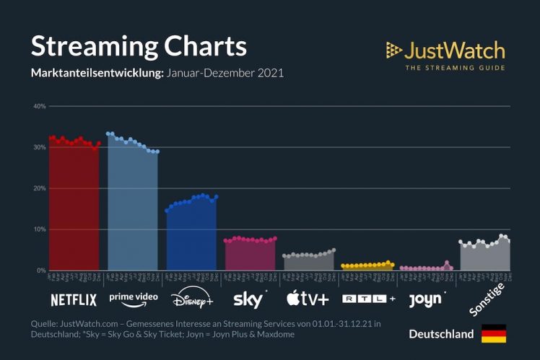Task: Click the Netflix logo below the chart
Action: click(x=74, y=299)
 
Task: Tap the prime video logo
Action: click(x=133, y=297)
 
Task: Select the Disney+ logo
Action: click(x=191, y=298)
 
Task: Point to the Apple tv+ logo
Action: click(x=308, y=298)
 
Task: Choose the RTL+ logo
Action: click(x=368, y=298)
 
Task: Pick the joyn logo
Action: click(x=427, y=298)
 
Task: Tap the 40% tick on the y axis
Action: click(x=39, y=106)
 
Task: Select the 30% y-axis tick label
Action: click(x=39, y=147)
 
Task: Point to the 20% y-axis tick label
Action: click(x=39, y=188)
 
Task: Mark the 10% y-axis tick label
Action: click(x=39, y=229)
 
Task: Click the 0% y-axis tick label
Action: click(x=41, y=271)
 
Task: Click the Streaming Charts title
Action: click(x=139, y=46)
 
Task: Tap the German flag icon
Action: click(x=494, y=334)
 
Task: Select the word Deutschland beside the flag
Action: click(x=441, y=334)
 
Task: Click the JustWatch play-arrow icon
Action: click(x=393, y=50)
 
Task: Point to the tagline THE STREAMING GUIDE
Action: click(x=455, y=68)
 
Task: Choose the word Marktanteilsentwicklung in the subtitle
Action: click(x=97, y=73)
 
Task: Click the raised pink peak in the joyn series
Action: click(x=447, y=263)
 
